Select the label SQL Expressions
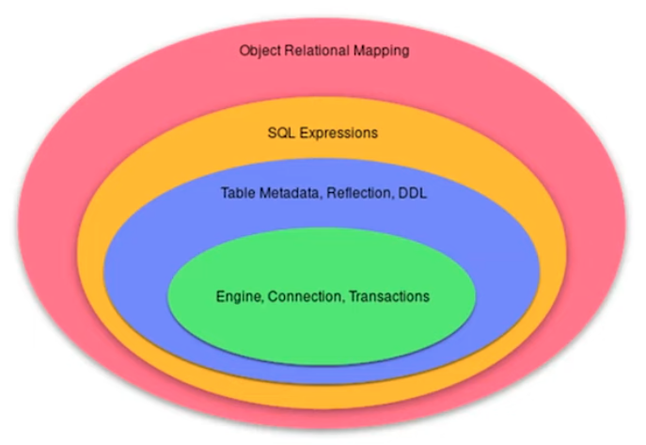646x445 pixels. [323, 133]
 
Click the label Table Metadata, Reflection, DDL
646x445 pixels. [323, 193]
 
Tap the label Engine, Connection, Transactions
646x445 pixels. [323, 296]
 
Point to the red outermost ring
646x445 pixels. [47, 216]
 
